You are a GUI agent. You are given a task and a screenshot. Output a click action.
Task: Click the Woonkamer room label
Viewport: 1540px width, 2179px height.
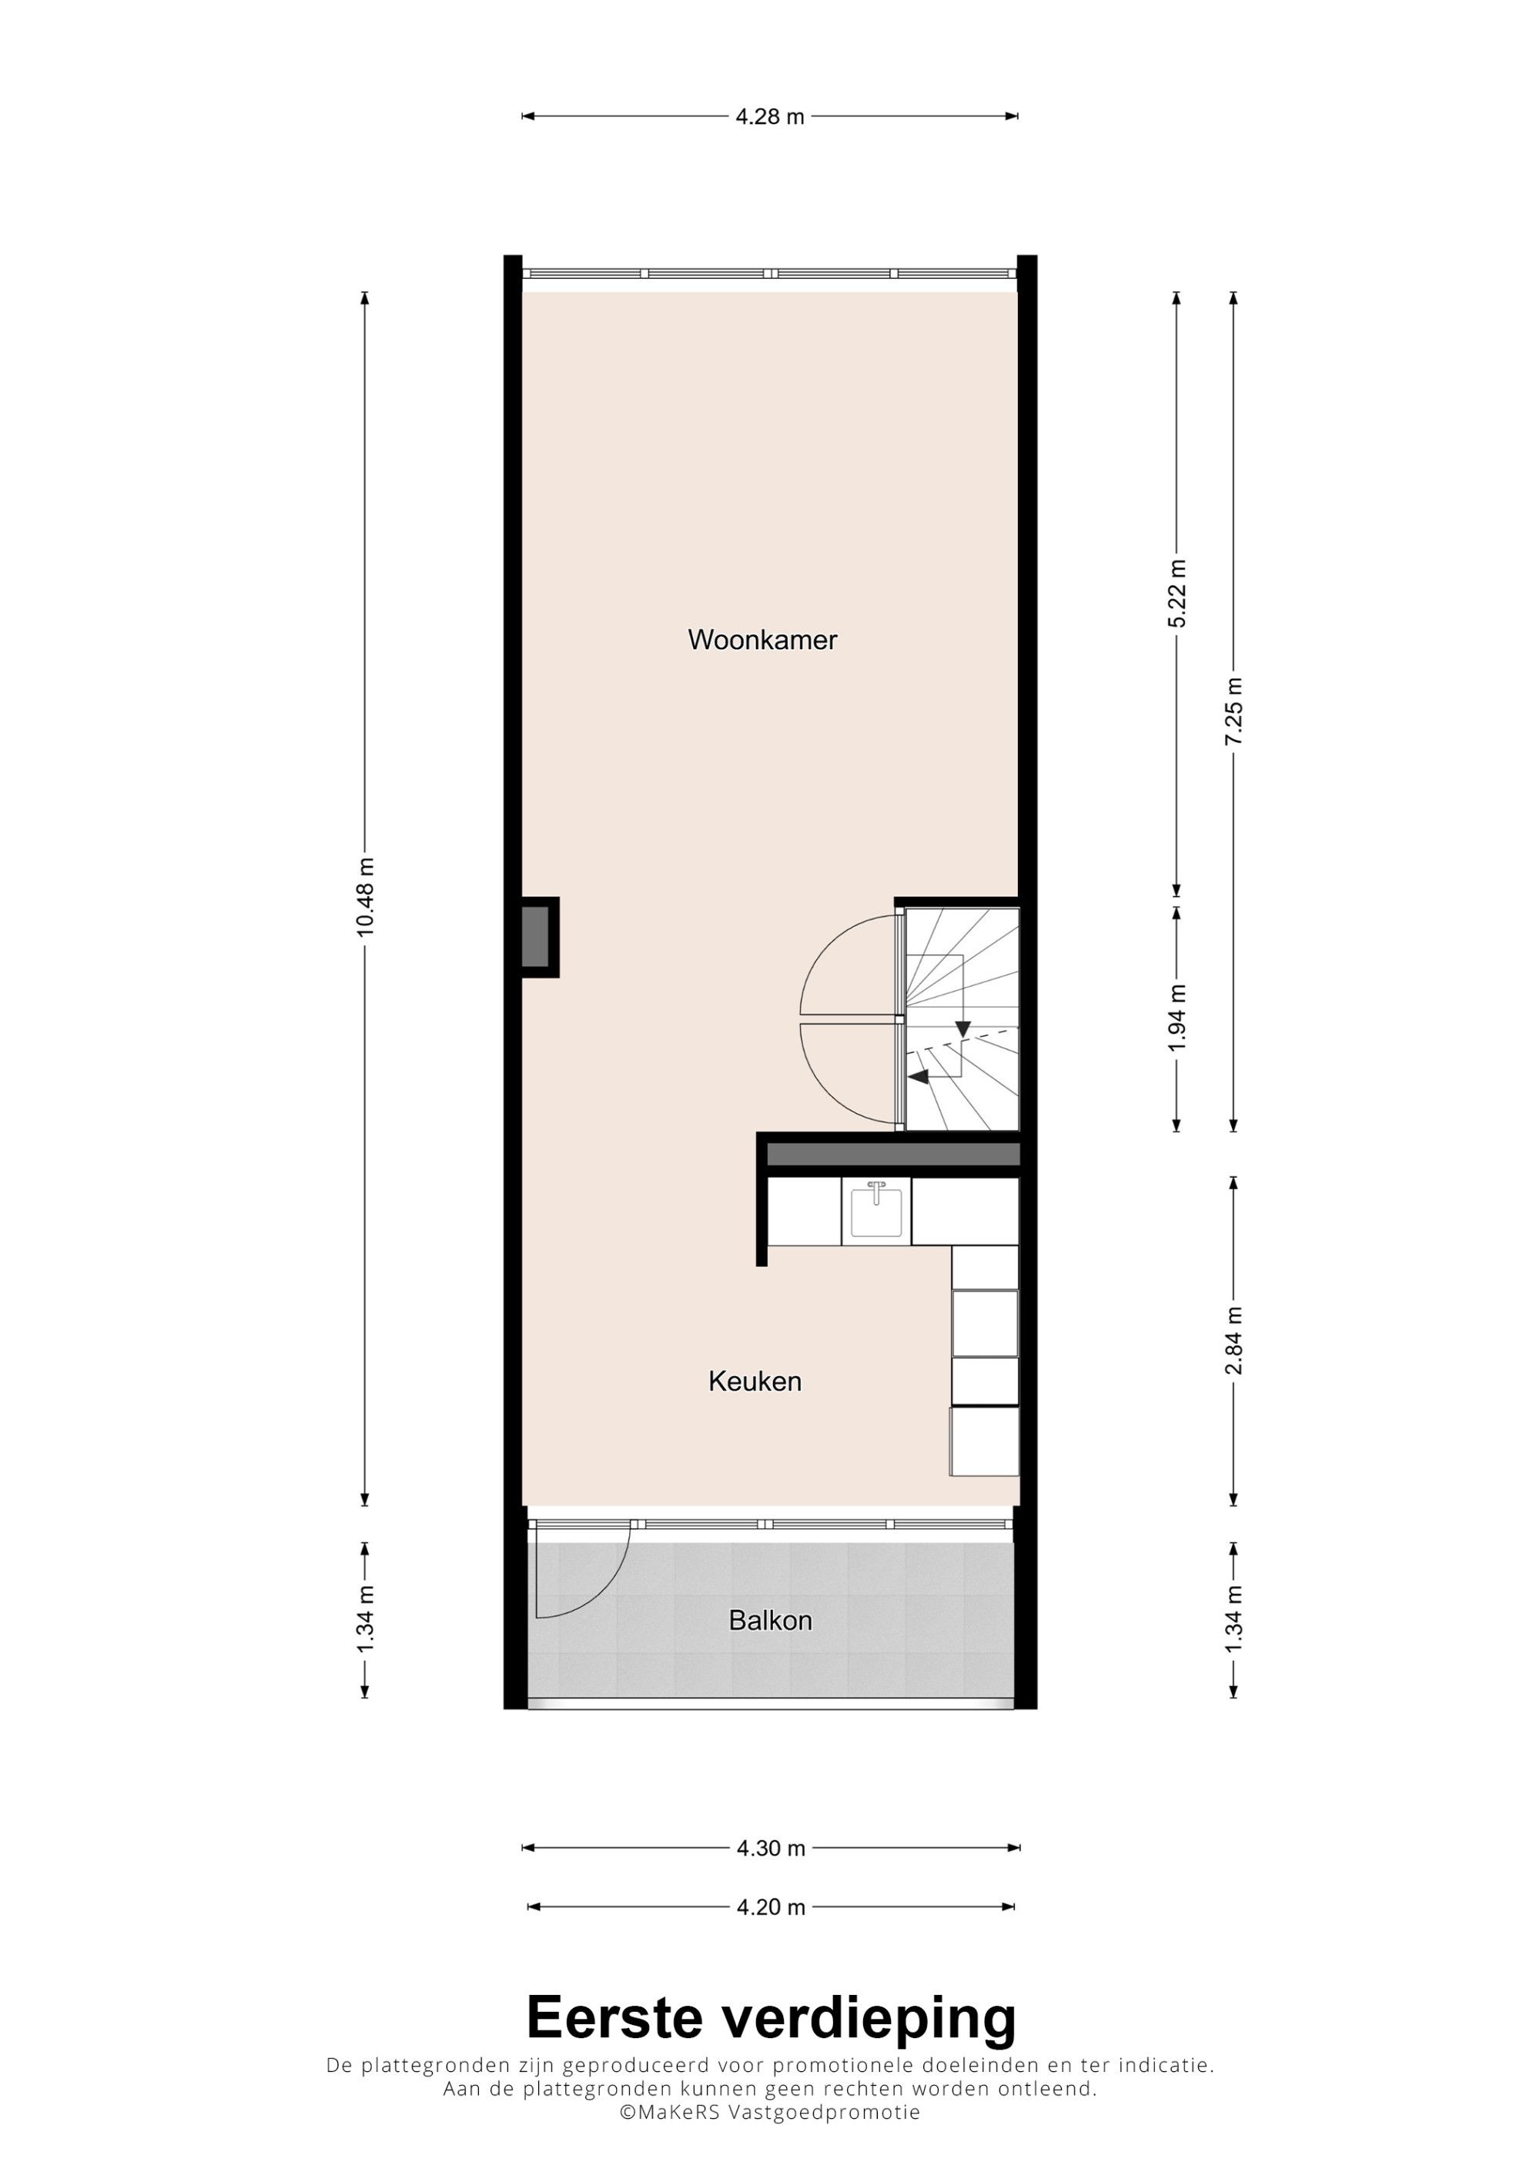pyautogui.click(x=762, y=640)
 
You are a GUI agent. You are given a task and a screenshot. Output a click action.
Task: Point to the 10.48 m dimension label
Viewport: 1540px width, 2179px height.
pyautogui.click(x=365, y=897)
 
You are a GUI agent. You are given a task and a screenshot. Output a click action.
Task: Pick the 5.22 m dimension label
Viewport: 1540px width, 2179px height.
pyautogui.click(x=1177, y=594)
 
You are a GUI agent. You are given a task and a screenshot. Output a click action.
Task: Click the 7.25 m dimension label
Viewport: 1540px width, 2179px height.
pyautogui.click(x=1234, y=711)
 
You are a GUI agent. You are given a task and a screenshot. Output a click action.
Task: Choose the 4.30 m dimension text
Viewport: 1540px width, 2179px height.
pyautogui.click(x=771, y=1848)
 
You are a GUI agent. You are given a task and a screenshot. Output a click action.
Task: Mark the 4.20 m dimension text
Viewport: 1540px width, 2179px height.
pyautogui.click(x=771, y=1906)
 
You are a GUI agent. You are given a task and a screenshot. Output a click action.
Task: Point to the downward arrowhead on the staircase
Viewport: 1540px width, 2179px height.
pyautogui.click(x=963, y=1029)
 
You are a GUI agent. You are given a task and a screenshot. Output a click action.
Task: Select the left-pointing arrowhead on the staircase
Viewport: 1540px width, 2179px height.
pyautogui.click(x=918, y=1077)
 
